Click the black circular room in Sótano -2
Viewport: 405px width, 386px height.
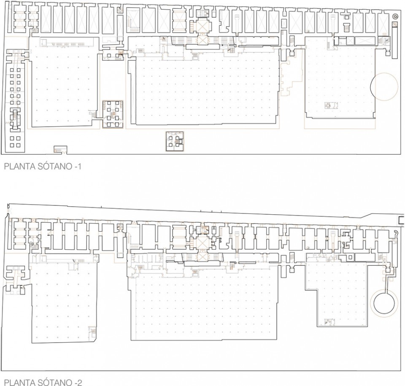tap(383, 303)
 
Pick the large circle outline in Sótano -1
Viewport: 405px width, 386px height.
tap(384, 86)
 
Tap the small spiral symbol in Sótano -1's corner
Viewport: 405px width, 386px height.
tap(395, 16)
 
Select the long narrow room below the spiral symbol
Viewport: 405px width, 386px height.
tap(395, 40)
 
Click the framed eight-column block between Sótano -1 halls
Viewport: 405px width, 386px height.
tap(113, 113)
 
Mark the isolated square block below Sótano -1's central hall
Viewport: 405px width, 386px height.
tap(175, 141)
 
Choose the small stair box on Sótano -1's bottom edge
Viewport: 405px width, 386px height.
tap(60, 149)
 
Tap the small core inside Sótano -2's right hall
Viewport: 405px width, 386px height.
tap(329, 323)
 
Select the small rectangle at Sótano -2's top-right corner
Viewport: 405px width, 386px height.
tap(401, 220)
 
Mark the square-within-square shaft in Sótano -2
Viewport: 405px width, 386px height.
tap(349, 257)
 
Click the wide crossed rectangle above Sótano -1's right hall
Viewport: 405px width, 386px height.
tap(365, 40)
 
